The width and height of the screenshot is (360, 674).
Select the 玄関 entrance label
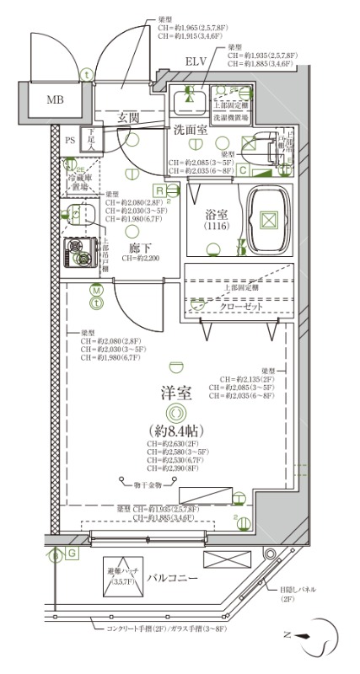click(129, 117)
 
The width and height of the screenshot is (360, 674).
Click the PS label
click(71, 139)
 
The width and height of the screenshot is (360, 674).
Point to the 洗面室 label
click(191, 131)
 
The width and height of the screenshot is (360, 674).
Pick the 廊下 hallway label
click(128, 249)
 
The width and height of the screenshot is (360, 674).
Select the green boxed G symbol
click(72, 553)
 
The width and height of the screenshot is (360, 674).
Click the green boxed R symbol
click(158, 192)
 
